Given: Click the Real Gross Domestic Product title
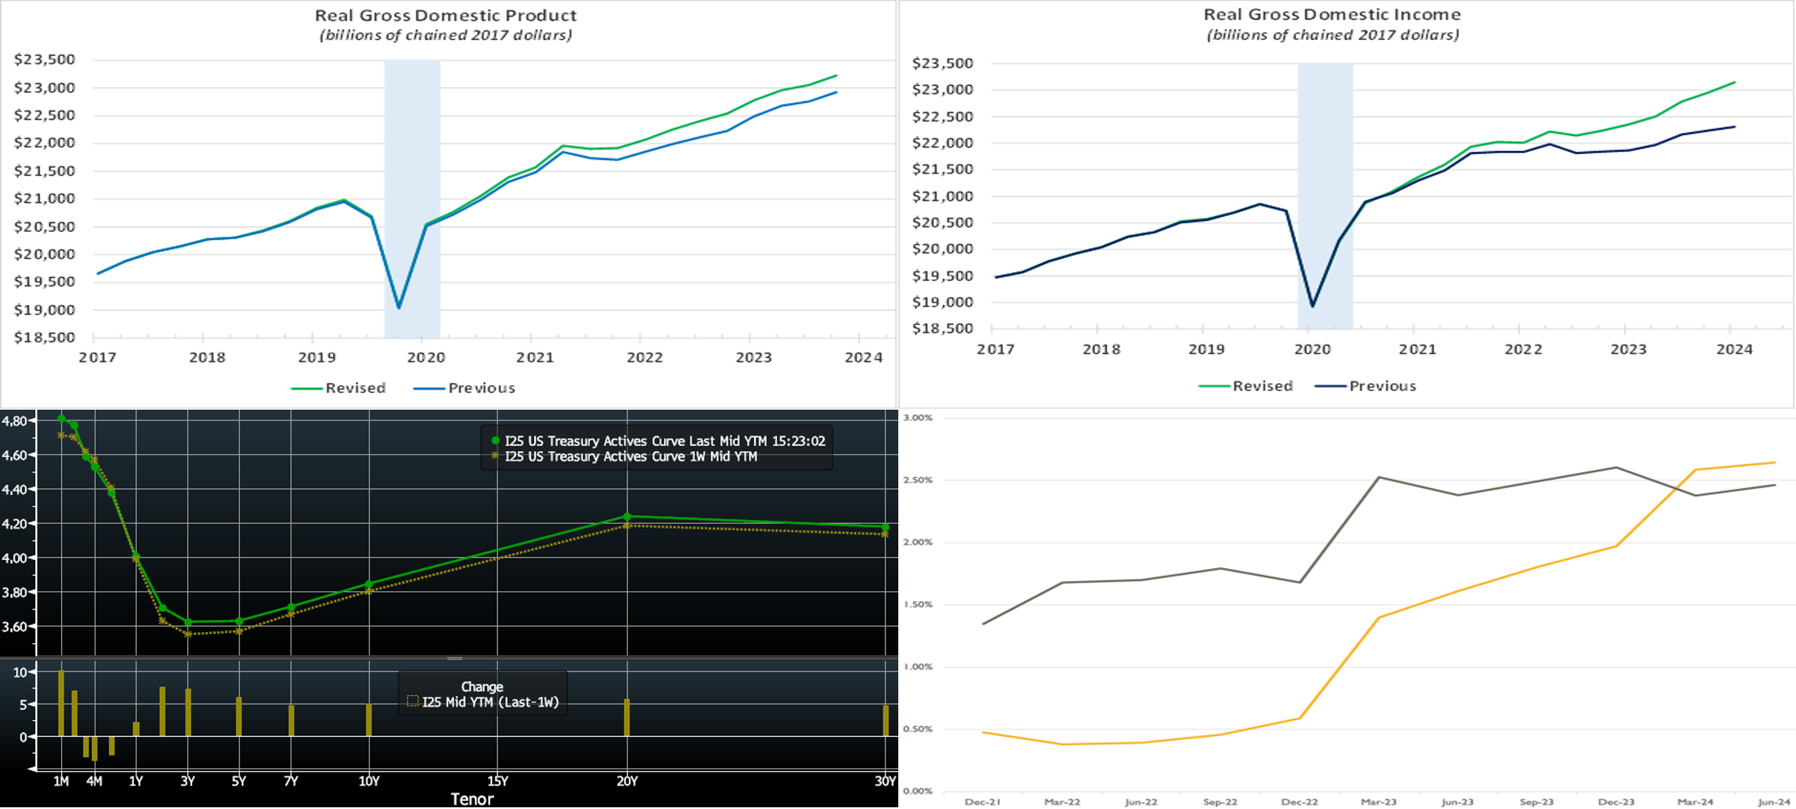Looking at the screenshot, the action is tap(445, 16).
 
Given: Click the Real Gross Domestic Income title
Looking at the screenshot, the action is tap(1332, 14).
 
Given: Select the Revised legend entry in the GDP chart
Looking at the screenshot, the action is tap(338, 388).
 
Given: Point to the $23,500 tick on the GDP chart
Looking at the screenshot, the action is tap(44, 59).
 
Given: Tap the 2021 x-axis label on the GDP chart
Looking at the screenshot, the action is tap(535, 357).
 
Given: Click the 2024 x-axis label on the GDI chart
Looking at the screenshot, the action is tap(1734, 349).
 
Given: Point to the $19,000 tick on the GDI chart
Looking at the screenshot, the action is tap(943, 302).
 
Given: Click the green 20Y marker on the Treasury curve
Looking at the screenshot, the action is tap(627, 517).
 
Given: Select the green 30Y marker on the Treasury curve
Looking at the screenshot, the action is tap(886, 527).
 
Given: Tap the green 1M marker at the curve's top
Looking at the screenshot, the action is tap(61, 418).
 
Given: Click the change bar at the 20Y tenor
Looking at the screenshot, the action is tap(627, 717).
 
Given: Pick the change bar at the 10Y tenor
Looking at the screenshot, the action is tap(369, 720).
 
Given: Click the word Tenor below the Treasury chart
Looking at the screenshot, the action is tap(472, 799).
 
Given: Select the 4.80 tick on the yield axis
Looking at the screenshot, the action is tap(14, 421).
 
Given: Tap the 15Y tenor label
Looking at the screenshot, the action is tap(497, 781).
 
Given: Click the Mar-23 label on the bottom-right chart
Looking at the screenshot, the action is tap(1378, 802).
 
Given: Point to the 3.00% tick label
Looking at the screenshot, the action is tap(917, 418).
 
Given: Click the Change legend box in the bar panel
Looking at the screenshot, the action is tap(482, 694).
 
